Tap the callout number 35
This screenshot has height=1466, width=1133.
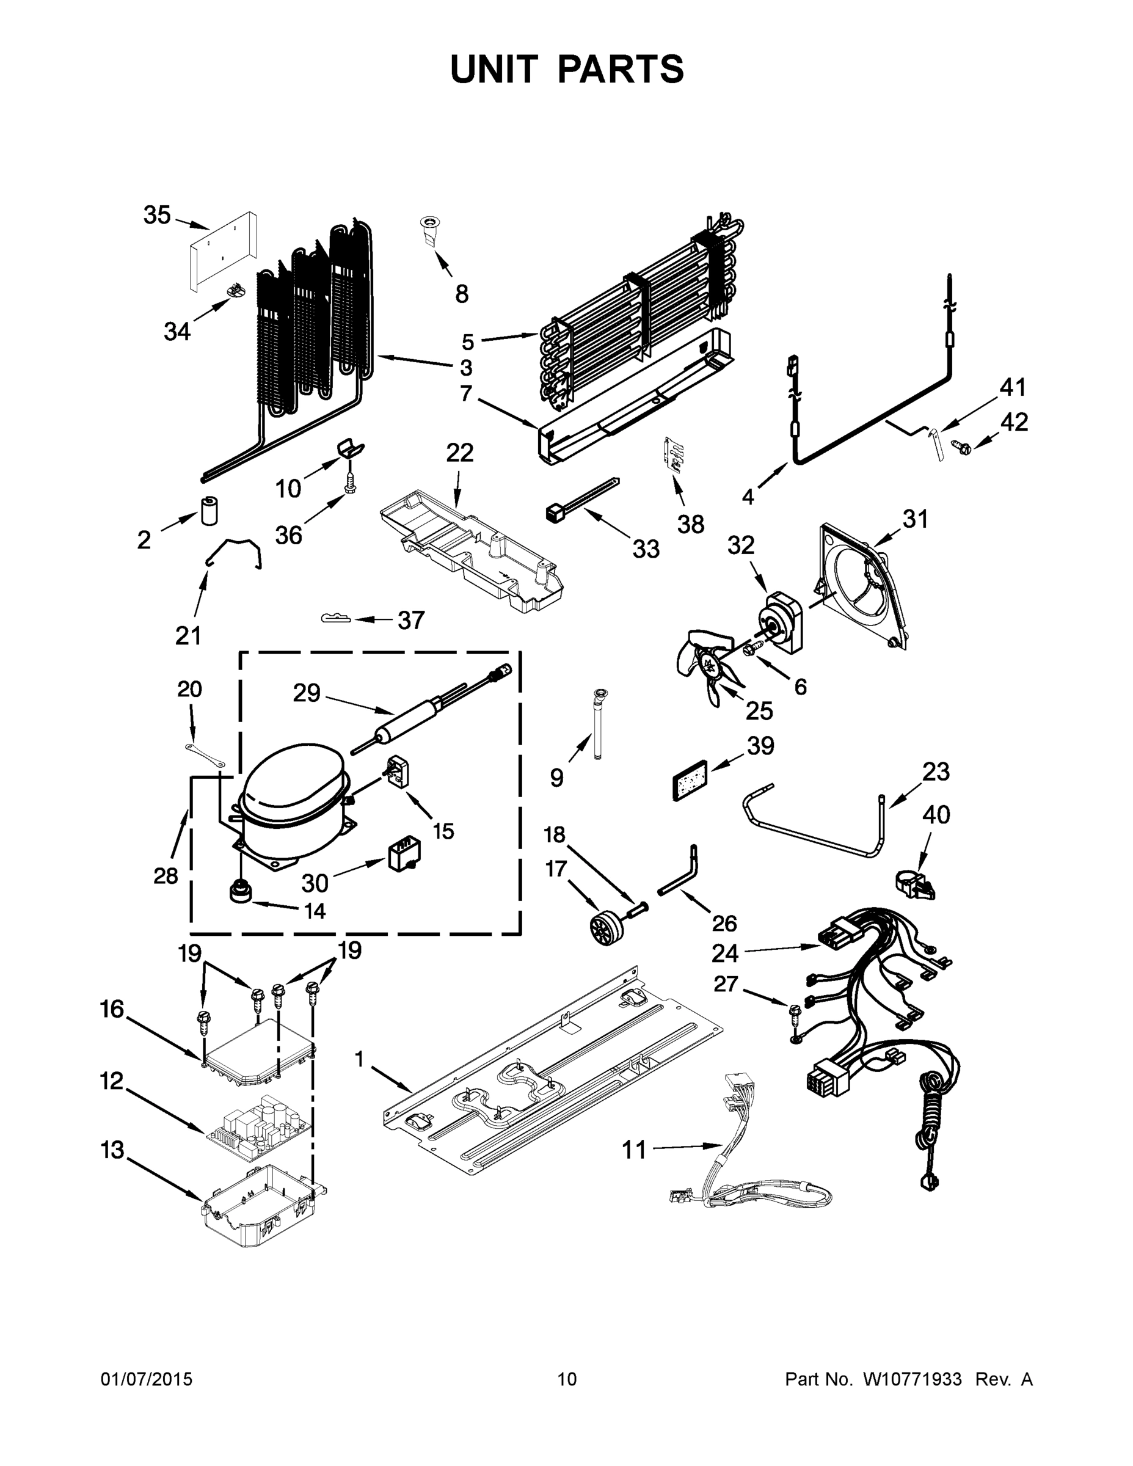point(157,216)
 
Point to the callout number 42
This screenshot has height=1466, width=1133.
point(1014,422)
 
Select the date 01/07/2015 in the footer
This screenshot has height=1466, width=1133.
point(147,1379)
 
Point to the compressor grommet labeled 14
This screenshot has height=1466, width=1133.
point(239,891)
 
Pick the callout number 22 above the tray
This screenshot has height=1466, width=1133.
point(460,453)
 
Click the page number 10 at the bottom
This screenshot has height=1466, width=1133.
point(567,1379)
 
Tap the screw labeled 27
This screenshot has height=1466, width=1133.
point(794,1013)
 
